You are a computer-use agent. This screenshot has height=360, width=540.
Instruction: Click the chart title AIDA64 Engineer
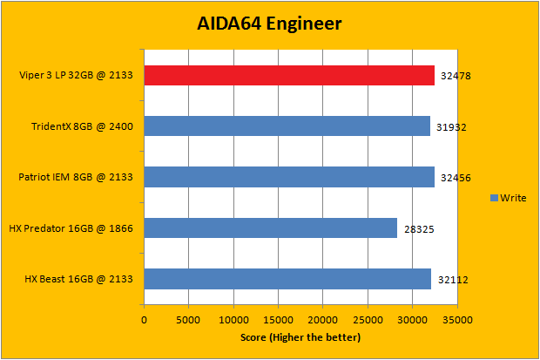coord(268,24)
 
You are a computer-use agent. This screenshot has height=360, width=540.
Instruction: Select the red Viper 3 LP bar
coord(288,76)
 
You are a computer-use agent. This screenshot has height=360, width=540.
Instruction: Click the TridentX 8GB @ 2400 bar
coord(287,126)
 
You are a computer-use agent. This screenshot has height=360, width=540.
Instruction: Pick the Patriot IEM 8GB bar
coord(288,177)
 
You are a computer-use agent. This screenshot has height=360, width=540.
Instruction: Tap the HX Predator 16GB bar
coord(270,228)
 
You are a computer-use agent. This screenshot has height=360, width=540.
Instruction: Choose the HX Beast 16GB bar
coord(287,279)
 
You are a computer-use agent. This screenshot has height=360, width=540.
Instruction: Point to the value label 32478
coord(456,78)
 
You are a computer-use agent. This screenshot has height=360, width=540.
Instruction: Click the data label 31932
coord(451,128)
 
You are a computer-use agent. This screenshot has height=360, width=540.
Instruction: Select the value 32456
coord(456,179)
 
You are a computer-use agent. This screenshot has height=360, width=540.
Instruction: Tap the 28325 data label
coord(418,230)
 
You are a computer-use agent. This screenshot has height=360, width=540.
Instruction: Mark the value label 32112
coord(453,281)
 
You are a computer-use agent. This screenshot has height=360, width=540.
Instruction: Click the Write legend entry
coord(508,198)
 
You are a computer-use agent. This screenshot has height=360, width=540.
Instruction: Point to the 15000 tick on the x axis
coord(279,319)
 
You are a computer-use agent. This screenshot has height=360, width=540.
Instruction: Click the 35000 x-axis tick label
coord(456,319)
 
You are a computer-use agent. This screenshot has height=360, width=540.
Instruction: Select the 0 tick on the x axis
coord(145,319)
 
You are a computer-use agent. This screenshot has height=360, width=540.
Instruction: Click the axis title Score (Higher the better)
coord(300,336)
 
